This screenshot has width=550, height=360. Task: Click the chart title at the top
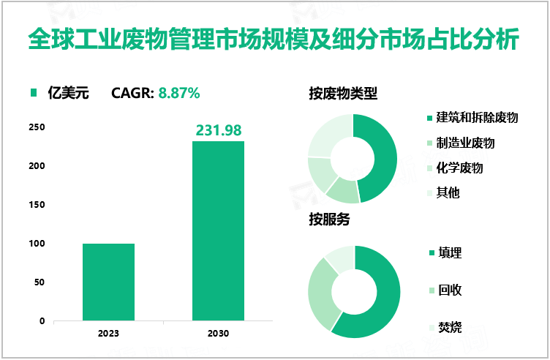tap(274, 39)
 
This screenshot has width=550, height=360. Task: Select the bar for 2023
tap(108, 282)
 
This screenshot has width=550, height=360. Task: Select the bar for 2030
tap(218, 230)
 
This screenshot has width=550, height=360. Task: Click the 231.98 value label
tap(218, 130)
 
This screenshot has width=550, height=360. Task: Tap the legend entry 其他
tap(448, 192)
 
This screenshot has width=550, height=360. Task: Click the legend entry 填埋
tap(449, 253)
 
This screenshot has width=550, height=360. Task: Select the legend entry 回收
tap(449, 290)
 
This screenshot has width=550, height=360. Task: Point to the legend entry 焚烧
tap(449, 327)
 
